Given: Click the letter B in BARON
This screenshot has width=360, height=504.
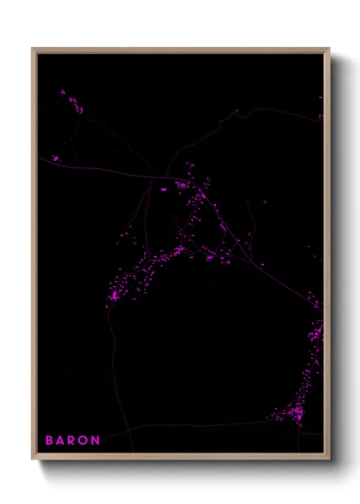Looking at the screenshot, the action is click(x=50, y=441).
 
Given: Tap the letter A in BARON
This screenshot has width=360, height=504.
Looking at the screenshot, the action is click(x=62, y=441).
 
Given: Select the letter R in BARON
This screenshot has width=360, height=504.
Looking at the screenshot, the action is click(x=74, y=441).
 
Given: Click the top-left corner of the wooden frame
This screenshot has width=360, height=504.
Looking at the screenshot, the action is click(x=33, y=49).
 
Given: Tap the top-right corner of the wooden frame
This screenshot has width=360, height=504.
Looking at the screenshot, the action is click(x=329, y=49).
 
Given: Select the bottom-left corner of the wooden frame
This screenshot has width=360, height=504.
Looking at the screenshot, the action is click(x=33, y=459).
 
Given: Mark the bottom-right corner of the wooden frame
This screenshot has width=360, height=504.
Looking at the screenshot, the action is click(x=329, y=459).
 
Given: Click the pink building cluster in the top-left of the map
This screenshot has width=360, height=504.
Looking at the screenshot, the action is click(x=71, y=102).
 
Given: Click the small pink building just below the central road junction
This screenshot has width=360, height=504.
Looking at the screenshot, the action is click(x=165, y=189).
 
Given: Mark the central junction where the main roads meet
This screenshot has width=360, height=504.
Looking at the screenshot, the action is click(x=163, y=178).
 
